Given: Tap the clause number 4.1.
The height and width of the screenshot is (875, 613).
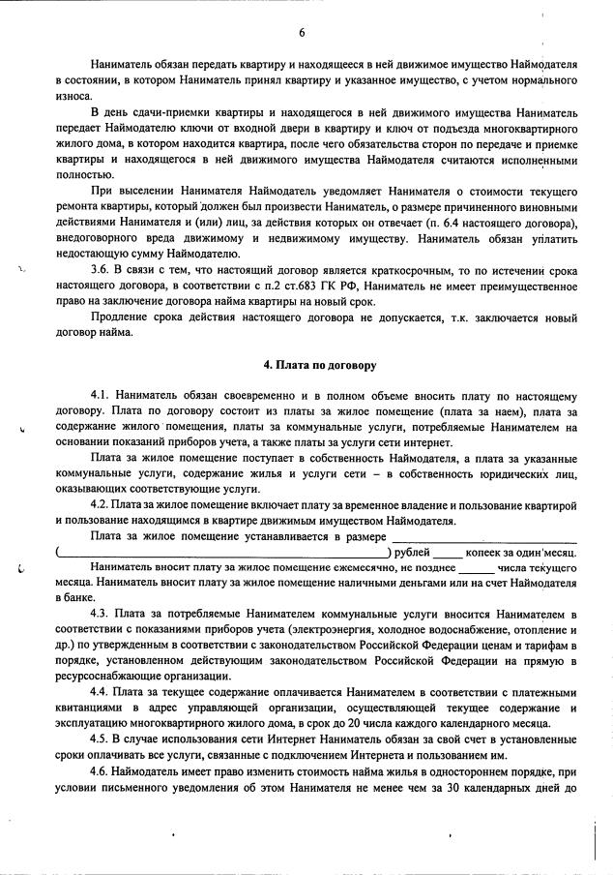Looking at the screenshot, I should tap(102, 396).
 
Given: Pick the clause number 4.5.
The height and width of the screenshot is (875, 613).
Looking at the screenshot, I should tap(102, 739).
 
